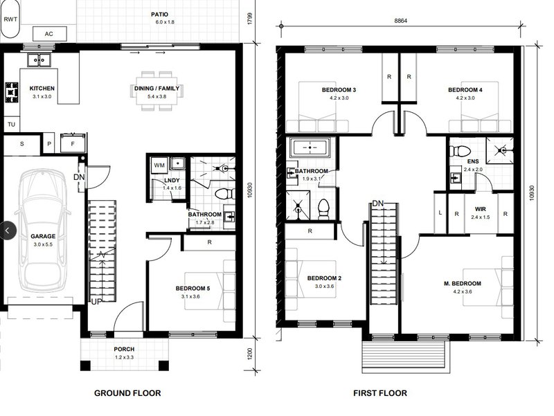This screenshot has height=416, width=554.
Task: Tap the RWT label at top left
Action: tap(10, 19)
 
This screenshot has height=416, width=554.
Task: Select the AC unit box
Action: tap(49, 33)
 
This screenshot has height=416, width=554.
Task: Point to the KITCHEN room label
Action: tap(42, 89)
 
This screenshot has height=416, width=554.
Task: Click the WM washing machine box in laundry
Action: tap(158, 165)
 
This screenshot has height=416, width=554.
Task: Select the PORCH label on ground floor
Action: tap(124, 349)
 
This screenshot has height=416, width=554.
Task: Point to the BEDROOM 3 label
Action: tap(339, 90)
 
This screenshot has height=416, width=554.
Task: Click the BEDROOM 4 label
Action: tap(465, 90)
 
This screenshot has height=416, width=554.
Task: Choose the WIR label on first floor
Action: tap(479, 208)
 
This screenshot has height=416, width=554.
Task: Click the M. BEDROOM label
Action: tap(463, 284)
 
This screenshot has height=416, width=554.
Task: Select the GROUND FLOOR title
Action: tap(127, 393)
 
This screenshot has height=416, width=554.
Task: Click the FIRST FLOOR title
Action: tap(380, 393)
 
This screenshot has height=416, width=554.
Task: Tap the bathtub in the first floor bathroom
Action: tap(310, 148)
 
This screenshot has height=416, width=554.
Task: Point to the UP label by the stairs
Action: tap(98, 302)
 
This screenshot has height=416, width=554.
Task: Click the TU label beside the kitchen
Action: tap(11, 124)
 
